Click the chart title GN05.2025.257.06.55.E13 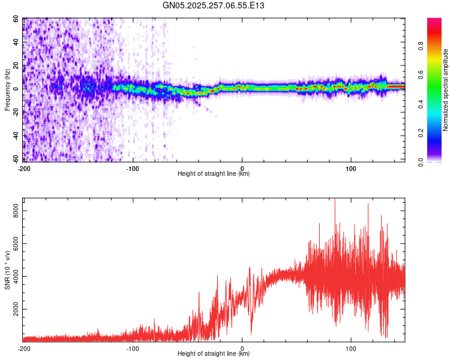pyautogui.click(x=214, y=5)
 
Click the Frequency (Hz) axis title pyautogui.click(x=7, y=90)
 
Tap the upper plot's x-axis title pyautogui.click(x=214, y=174)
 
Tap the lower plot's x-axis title pyautogui.click(x=214, y=354)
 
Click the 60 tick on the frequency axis pyautogui.click(x=17, y=19)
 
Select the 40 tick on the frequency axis pyautogui.click(x=17, y=42)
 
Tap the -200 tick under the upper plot pyautogui.click(x=24, y=168)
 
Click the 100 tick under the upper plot pyautogui.click(x=352, y=168)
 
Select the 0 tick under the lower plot pyautogui.click(x=242, y=348)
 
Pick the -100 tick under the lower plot pyautogui.click(x=133, y=348)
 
